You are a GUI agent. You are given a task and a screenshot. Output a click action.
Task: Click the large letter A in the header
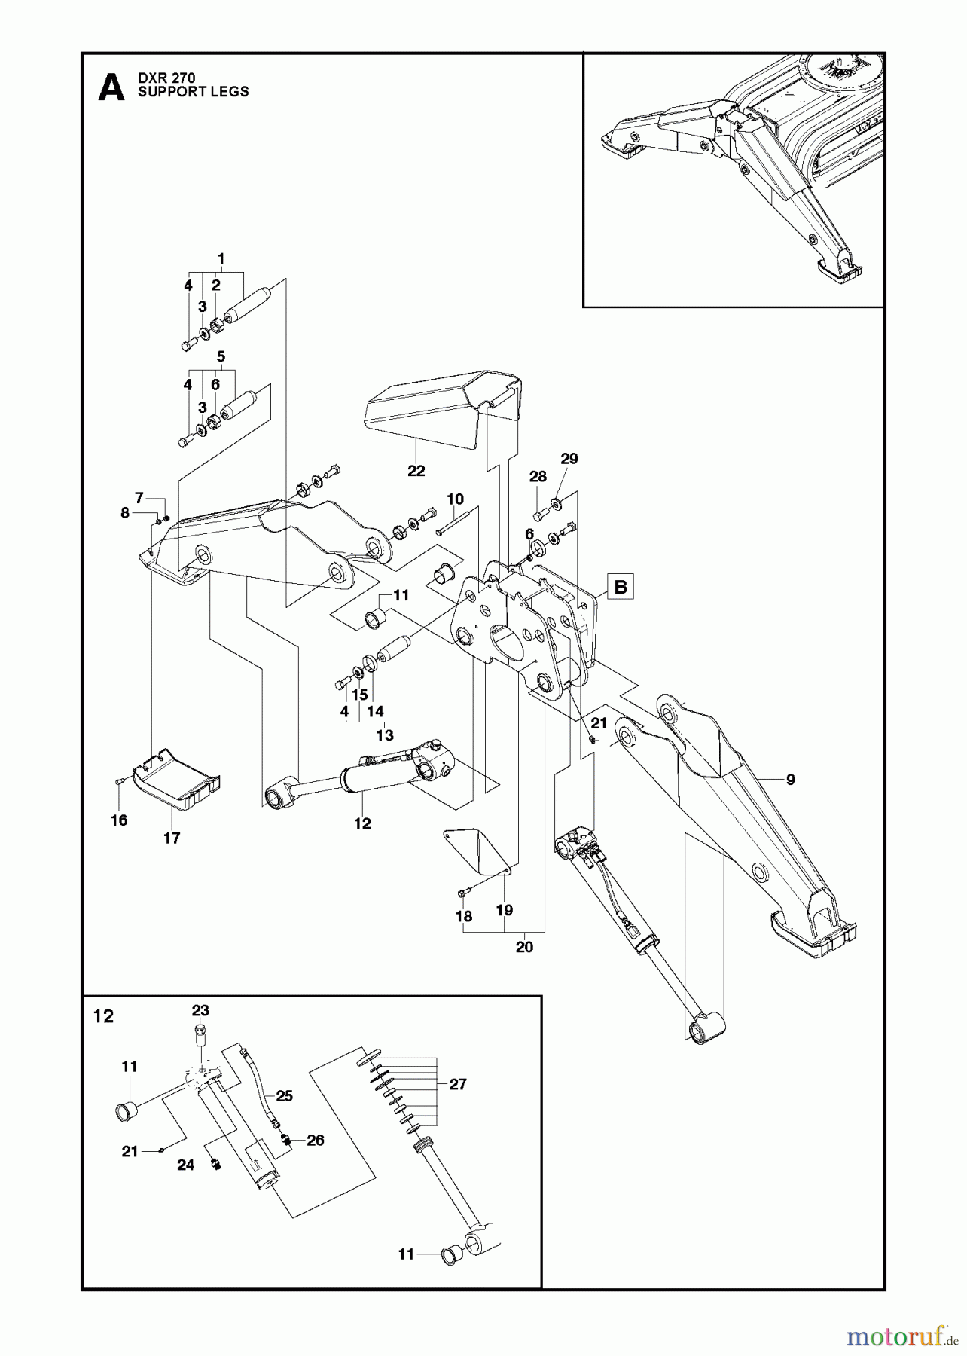pos(111,87)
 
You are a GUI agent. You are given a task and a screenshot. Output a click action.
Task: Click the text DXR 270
pos(166,78)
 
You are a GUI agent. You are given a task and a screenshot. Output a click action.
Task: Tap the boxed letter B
pos(621,586)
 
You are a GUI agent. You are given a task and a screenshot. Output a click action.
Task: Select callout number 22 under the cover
pos(416,471)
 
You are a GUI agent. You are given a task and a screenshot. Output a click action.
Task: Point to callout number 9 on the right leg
pos(790,780)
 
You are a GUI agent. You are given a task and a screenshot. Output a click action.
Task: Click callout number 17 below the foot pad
pos(172,838)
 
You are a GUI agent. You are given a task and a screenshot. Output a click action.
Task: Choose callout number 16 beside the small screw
pos(119,820)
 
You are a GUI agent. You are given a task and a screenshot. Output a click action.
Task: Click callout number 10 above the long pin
pos(455,499)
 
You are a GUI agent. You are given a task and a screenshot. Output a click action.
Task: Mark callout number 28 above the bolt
pos(538,476)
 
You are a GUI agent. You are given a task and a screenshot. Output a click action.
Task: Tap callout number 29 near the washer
pos(569,459)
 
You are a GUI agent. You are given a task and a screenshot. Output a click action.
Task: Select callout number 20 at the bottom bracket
pos(524,947)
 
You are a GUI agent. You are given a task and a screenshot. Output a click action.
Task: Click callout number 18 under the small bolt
pos(464,916)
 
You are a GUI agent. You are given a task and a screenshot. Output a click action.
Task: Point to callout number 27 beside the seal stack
pos(458,1084)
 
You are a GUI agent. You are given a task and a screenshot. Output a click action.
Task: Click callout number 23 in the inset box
pos(200,1010)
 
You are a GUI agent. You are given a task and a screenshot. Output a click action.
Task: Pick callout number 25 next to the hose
pos(284,1096)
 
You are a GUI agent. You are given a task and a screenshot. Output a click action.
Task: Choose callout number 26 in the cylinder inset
pos(315,1140)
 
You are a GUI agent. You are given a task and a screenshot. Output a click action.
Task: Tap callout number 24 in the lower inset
pos(186,1165)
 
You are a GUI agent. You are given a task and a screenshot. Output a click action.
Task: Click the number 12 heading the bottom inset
pos(103,1016)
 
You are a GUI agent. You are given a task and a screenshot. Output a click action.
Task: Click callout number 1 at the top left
pos(221,258)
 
